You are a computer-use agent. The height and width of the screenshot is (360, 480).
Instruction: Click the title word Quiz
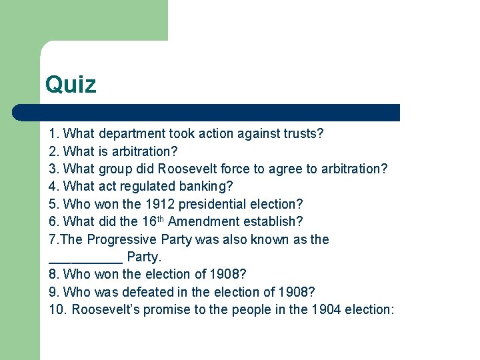(x=71, y=85)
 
